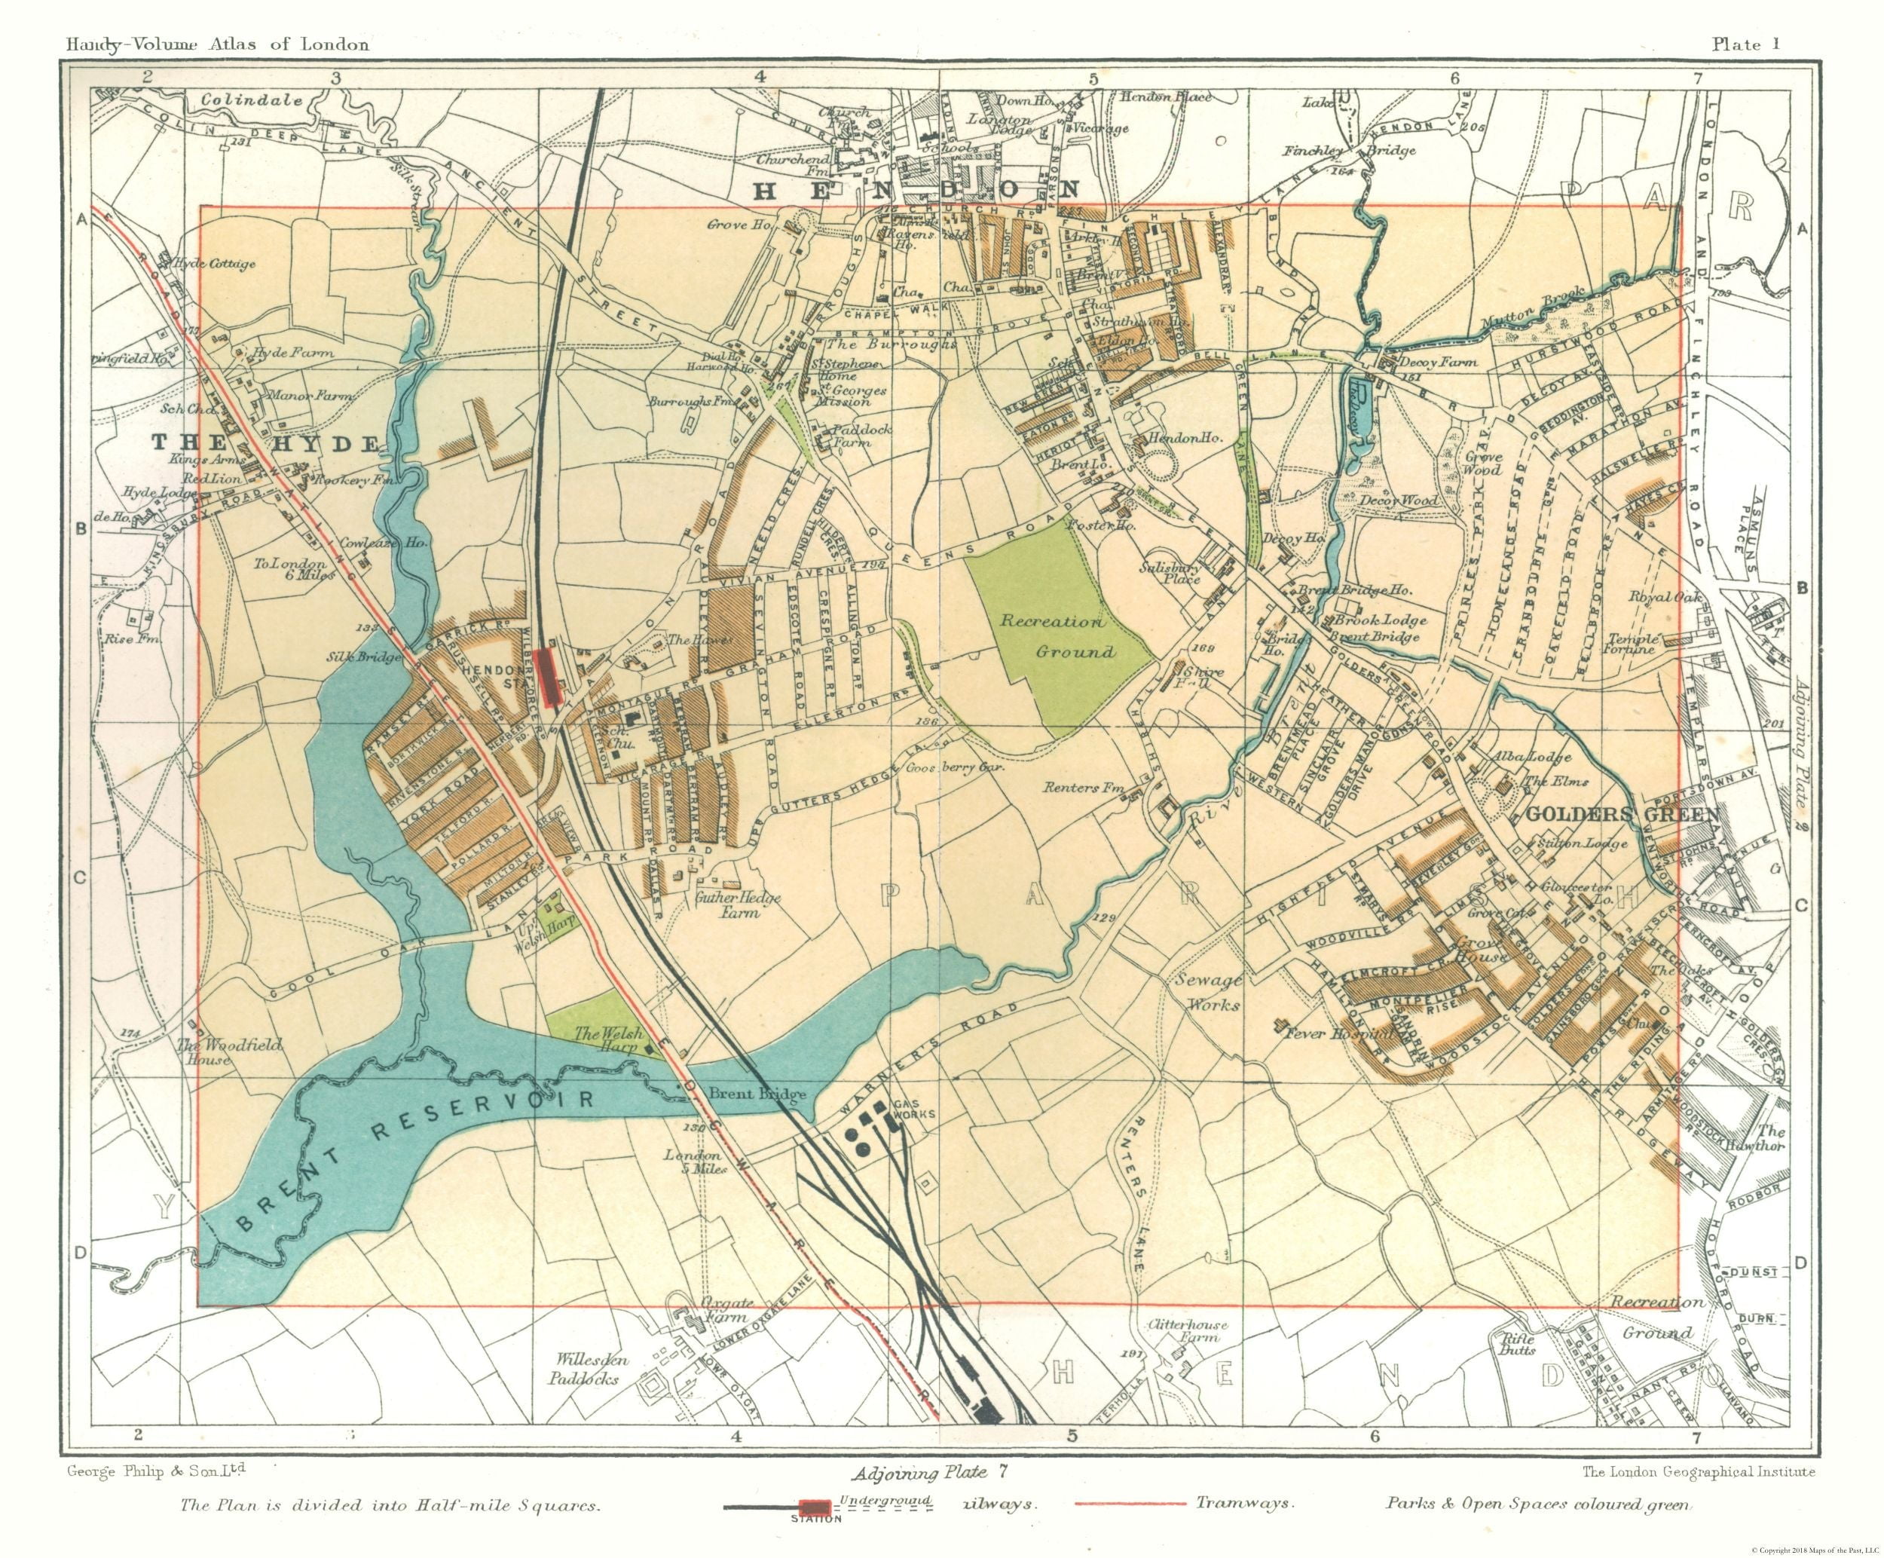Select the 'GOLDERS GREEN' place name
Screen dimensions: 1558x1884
point(1622,814)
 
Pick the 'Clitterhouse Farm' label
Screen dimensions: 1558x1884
point(1187,1330)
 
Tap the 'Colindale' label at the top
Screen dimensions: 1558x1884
point(251,100)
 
